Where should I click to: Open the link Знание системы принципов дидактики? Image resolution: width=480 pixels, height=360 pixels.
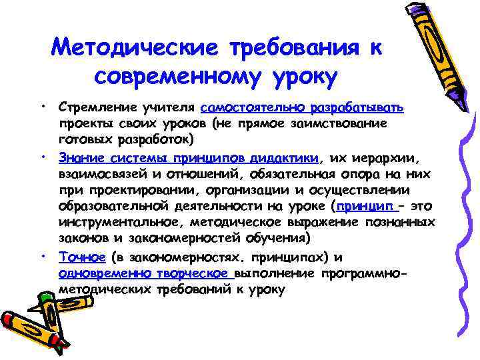(189, 158)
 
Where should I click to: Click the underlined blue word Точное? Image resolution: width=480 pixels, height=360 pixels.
(82, 257)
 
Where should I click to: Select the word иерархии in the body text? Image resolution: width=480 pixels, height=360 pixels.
(387, 158)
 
